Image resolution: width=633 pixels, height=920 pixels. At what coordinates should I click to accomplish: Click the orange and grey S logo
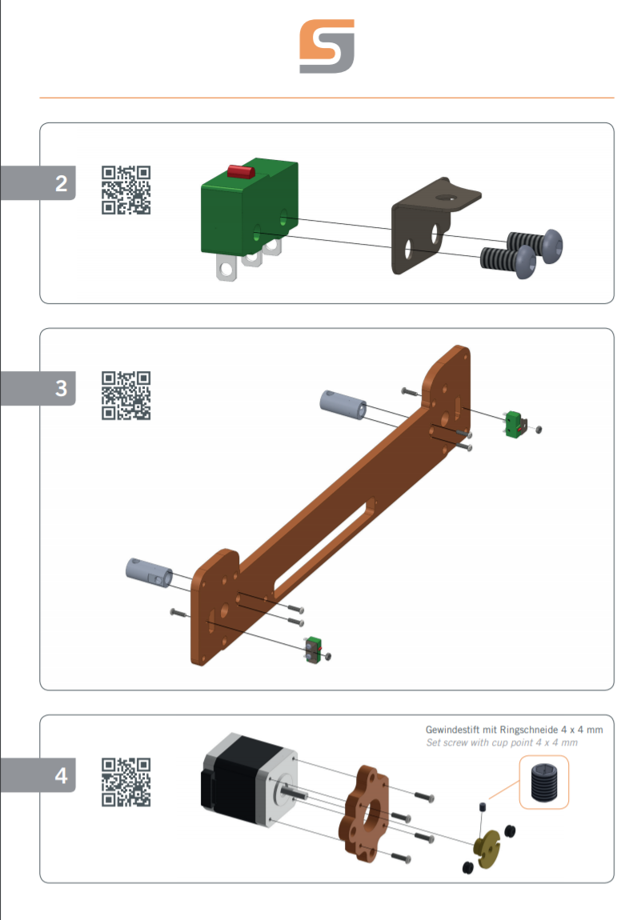click(327, 46)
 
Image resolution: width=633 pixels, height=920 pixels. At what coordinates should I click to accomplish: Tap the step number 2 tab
click(38, 183)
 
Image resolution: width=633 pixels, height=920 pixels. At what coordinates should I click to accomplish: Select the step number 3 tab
click(38, 389)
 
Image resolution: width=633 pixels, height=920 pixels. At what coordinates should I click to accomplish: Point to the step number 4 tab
click(38, 776)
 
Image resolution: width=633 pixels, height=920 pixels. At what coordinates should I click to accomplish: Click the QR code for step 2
click(126, 190)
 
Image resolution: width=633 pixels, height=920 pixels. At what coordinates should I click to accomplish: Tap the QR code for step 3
click(126, 395)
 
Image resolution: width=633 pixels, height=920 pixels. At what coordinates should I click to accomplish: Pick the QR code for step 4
click(126, 782)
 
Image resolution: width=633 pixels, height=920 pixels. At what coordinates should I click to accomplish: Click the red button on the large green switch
click(241, 171)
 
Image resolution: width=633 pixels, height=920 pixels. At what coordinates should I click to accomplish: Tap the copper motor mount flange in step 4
click(364, 814)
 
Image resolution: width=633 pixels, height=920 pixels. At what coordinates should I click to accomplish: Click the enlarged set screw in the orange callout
click(544, 782)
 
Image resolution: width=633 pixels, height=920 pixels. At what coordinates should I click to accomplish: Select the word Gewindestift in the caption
click(452, 730)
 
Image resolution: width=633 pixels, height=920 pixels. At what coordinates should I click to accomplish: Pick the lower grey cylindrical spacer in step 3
click(149, 572)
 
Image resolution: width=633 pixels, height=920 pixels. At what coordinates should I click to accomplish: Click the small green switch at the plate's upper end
click(514, 424)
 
